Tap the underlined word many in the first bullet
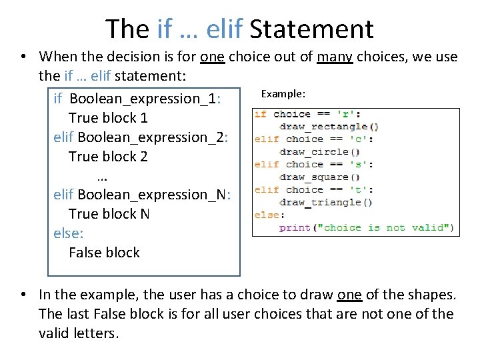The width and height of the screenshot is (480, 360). pyautogui.click(x=335, y=57)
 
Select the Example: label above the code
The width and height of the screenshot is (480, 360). pyautogui.click(x=283, y=94)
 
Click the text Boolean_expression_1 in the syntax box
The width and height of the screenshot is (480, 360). pyautogui.click(x=143, y=99)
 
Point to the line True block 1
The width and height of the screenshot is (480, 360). pyautogui.click(x=108, y=118)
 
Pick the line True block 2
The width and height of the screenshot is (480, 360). pyautogui.click(x=108, y=157)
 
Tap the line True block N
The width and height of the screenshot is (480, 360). pyautogui.click(x=109, y=214)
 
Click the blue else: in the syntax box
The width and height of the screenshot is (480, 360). pyautogui.click(x=68, y=233)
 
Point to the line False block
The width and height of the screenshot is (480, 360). pyautogui.click(x=104, y=253)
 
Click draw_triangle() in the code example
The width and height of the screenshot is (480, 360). pyautogui.click(x=326, y=203)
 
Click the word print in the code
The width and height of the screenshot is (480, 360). pyautogui.click(x=295, y=228)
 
